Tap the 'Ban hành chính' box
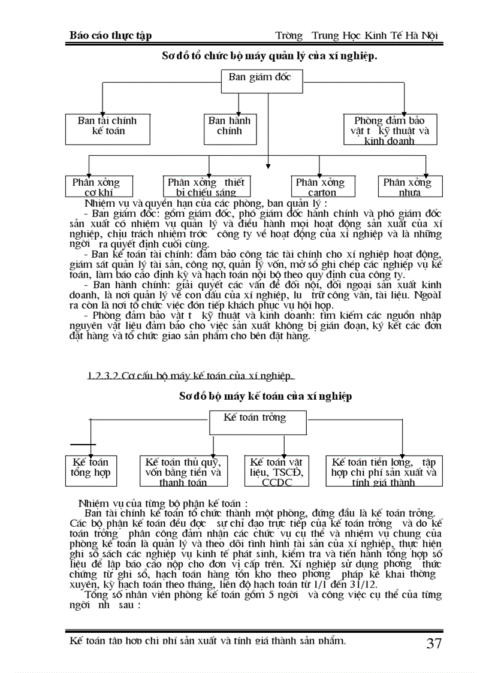coord(230,128)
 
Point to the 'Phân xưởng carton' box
coord(321,186)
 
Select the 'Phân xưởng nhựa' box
coord(408,186)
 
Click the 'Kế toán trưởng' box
coord(258,422)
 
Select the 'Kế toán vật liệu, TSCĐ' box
coord(277,470)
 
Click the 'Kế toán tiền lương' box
coord(384,470)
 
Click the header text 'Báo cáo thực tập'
coord(111,35)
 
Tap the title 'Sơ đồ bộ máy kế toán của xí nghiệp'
coord(265,396)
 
